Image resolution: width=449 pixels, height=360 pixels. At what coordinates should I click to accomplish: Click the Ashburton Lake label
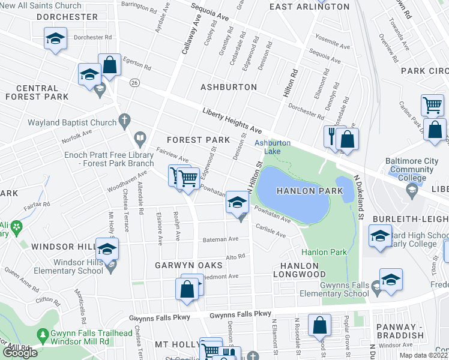[x=273, y=147]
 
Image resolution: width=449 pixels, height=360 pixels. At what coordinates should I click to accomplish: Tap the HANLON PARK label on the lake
[x=300, y=190]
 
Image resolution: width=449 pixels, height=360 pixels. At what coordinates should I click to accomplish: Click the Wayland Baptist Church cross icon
[x=125, y=119]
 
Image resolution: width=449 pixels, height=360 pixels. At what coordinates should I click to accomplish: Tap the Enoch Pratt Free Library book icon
[x=140, y=139]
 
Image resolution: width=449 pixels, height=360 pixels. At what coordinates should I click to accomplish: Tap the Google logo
[x=20, y=353]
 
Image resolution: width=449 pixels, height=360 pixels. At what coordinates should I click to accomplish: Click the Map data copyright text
[x=424, y=355]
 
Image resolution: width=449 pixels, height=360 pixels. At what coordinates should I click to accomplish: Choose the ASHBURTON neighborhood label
[x=229, y=87]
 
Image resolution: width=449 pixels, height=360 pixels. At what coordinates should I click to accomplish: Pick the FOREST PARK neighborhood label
[x=198, y=140]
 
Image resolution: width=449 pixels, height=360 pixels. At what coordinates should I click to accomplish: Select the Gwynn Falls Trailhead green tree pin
[x=43, y=334]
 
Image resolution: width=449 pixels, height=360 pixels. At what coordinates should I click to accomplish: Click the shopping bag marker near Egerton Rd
[x=110, y=65]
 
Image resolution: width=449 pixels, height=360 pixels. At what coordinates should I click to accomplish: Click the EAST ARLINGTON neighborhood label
[x=309, y=7]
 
